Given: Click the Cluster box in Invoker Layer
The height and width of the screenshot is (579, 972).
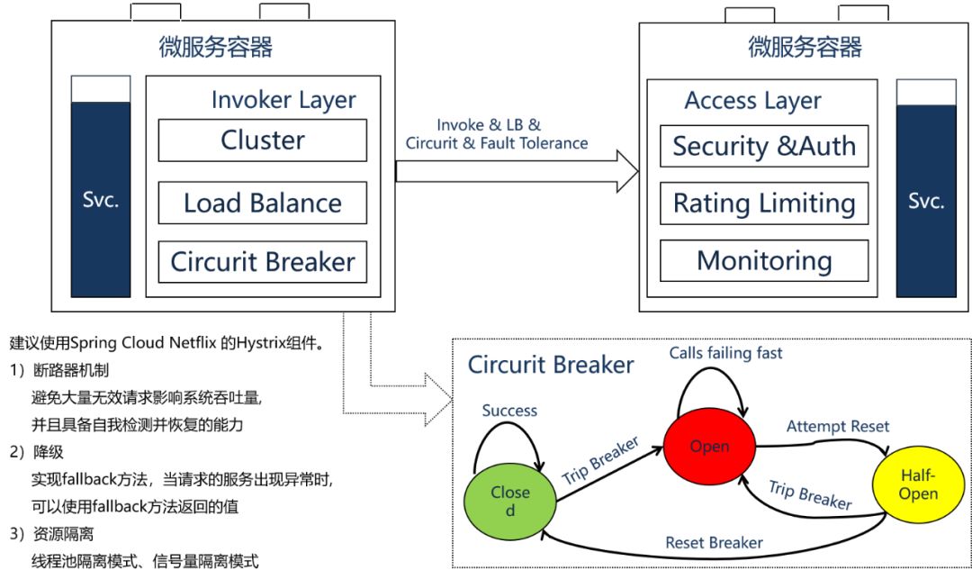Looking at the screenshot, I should tap(263, 140).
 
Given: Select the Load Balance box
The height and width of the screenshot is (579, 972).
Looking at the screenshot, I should tap(263, 203).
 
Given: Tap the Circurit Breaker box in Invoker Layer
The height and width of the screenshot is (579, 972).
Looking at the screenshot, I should tap(263, 262).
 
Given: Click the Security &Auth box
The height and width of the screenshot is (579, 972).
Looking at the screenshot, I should tap(764, 146).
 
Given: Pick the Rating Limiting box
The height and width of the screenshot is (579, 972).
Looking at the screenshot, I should tap(764, 204).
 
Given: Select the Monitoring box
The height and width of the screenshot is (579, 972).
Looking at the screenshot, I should tap(764, 261).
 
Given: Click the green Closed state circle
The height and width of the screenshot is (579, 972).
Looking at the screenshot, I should tap(509, 500).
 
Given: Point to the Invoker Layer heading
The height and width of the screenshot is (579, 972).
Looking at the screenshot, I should tap(283, 100).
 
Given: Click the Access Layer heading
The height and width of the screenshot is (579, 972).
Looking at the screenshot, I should tap(752, 101).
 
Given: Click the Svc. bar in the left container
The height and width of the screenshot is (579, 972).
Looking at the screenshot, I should tap(101, 200).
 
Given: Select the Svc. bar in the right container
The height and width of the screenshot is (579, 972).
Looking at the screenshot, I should tap(926, 200).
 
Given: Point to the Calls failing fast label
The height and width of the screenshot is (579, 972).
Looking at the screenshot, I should tap(725, 353).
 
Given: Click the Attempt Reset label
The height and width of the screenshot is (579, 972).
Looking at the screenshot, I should tap(837, 426).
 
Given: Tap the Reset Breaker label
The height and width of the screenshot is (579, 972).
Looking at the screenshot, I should tap(714, 543).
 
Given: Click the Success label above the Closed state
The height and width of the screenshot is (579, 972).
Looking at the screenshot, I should tap(509, 411).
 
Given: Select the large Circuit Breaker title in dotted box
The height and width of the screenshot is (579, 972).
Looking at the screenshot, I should tap(551, 365).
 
